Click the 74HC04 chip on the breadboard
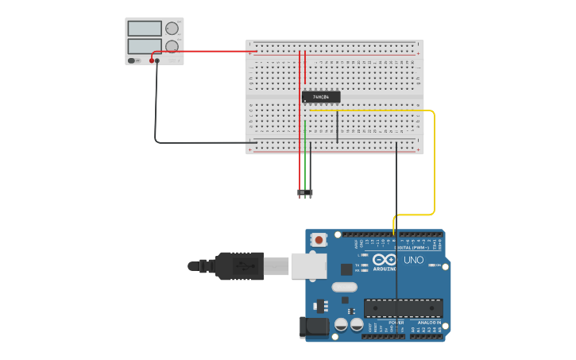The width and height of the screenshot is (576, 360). (x=321, y=97)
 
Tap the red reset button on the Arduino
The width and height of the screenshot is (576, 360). (x=319, y=238)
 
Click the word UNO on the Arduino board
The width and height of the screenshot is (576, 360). (x=413, y=260)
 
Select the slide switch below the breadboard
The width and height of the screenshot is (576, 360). (x=305, y=192)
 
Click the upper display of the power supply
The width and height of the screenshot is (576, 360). (x=145, y=29)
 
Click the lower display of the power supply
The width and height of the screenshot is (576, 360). (x=145, y=46)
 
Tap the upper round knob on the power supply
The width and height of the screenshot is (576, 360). (x=172, y=28)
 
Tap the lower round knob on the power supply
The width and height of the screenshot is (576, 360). (x=172, y=46)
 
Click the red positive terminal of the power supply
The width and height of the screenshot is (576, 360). (x=151, y=60)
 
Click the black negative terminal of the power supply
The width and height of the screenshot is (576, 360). (x=157, y=60)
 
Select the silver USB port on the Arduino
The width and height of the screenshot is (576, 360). (x=309, y=265)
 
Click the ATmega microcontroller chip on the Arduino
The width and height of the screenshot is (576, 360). (x=403, y=308)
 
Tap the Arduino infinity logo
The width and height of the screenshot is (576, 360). (x=384, y=260)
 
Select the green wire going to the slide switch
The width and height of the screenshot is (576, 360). (x=305, y=155)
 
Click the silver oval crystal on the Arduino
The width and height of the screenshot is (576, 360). (x=344, y=287)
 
